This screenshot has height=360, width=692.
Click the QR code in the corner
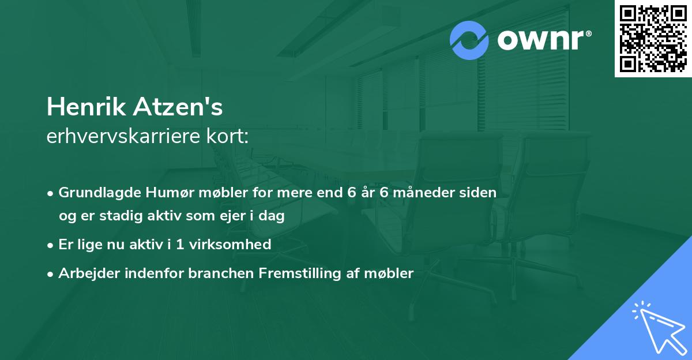point(653,39)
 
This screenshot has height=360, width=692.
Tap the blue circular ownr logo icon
point(469,40)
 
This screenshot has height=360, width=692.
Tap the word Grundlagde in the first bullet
point(95,193)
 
